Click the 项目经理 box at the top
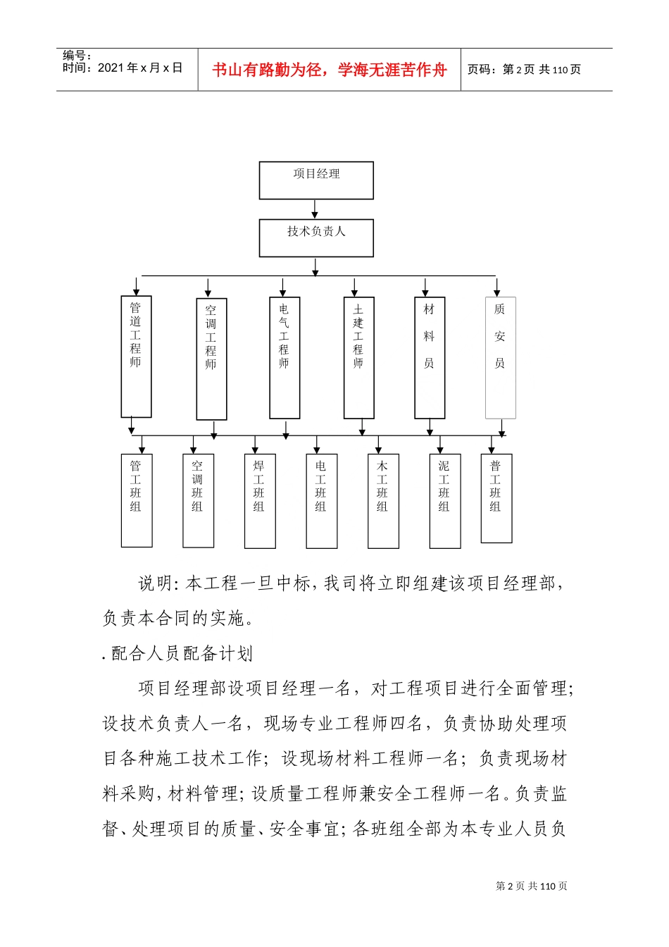(316, 180)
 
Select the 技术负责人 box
(316, 238)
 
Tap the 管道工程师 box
(136, 357)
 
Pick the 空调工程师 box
(211, 359)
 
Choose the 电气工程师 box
(285, 357)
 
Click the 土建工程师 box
(358, 357)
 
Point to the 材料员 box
(430, 357)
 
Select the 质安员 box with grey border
(500, 357)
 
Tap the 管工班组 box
(137, 500)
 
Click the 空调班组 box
(198, 500)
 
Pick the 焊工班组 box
(260, 500)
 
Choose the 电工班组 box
(322, 500)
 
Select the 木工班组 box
(383, 500)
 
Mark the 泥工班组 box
(445, 500)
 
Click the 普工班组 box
(496, 498)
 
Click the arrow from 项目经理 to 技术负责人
(315, 209)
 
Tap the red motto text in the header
(330, 70)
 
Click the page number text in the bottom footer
(532, 886)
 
